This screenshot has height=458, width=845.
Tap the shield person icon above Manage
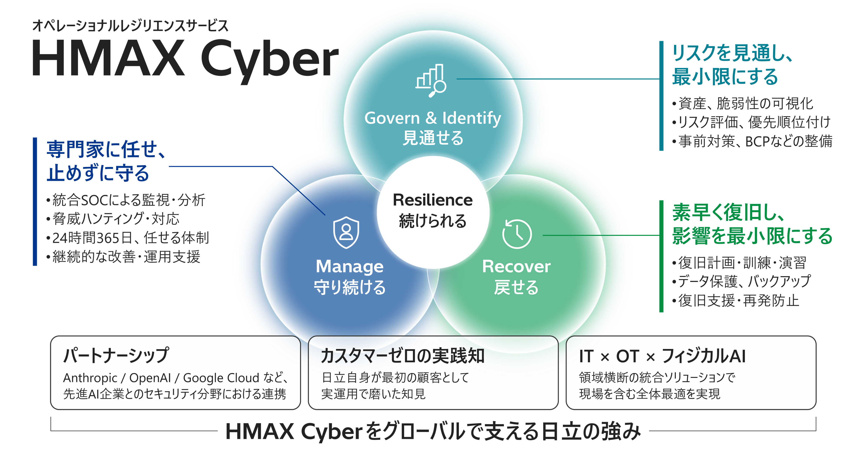coord(346,232)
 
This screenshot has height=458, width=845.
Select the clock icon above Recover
coord(517,234)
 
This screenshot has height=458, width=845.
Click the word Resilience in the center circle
coord(433,200)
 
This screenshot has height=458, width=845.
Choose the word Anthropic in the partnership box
coord(90,378)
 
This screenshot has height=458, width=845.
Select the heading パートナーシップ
coord(116,356)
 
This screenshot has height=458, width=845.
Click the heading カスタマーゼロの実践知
coord(403,356)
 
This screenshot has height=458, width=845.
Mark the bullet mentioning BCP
coord(752,141)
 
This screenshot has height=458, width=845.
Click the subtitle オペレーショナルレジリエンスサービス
coord(130,26)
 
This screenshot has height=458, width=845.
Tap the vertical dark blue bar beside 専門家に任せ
coord(35,201)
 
